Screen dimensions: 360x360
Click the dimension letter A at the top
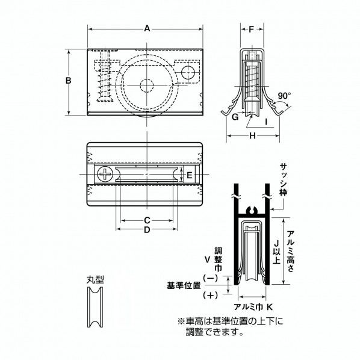click(x=146, y=27)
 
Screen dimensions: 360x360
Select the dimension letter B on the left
click(x=69, y=80)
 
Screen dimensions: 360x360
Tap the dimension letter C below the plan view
click(x=146, y=220)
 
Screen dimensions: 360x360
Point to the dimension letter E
click(x=189, y=175)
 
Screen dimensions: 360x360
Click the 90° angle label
click(x=285, y=95)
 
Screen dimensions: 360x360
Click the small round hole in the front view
click(x=188, y=72)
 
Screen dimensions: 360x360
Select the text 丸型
click(x=95, y=279)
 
